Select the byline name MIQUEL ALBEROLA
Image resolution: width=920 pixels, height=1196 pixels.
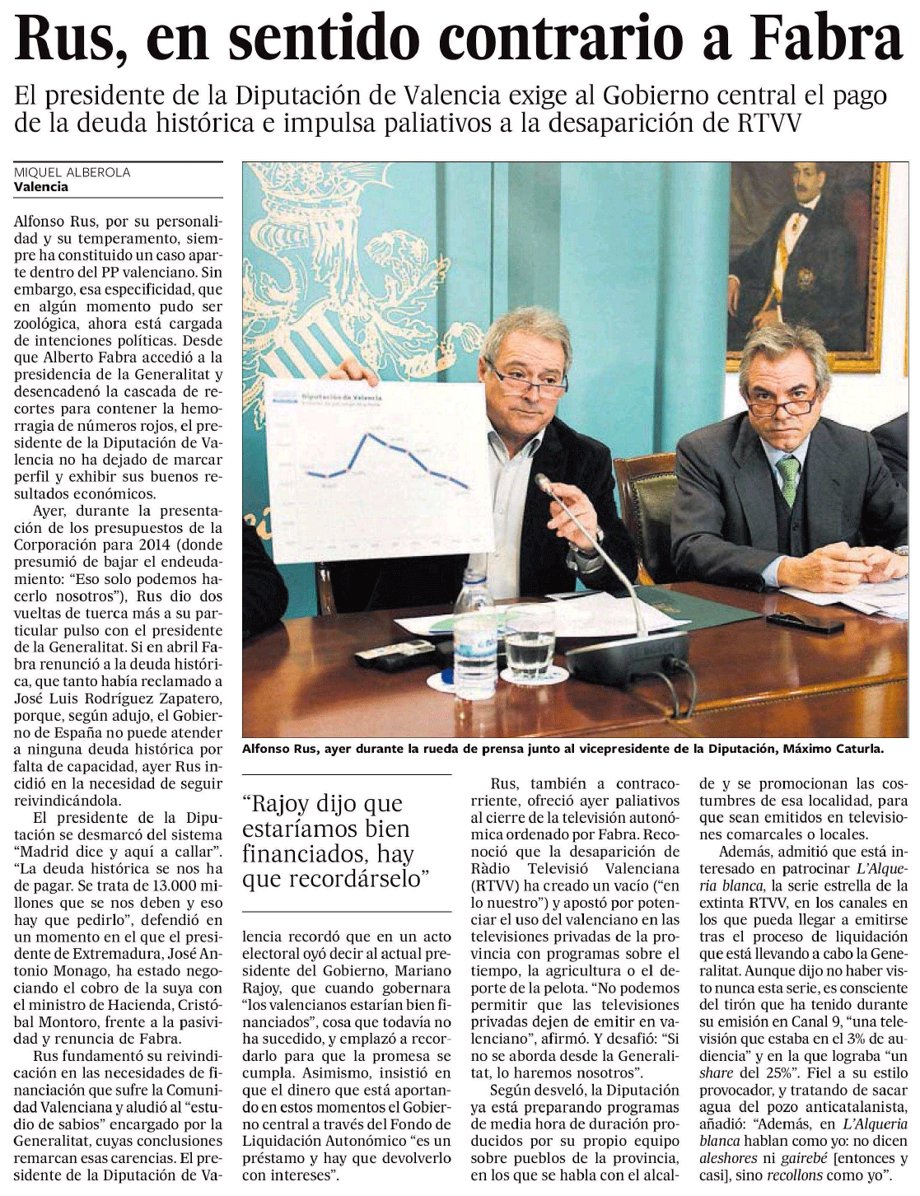coord(72,172)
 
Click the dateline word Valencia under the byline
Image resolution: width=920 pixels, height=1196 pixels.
coord(41,187)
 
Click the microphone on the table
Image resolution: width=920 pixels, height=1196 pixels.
coord(545,485)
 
